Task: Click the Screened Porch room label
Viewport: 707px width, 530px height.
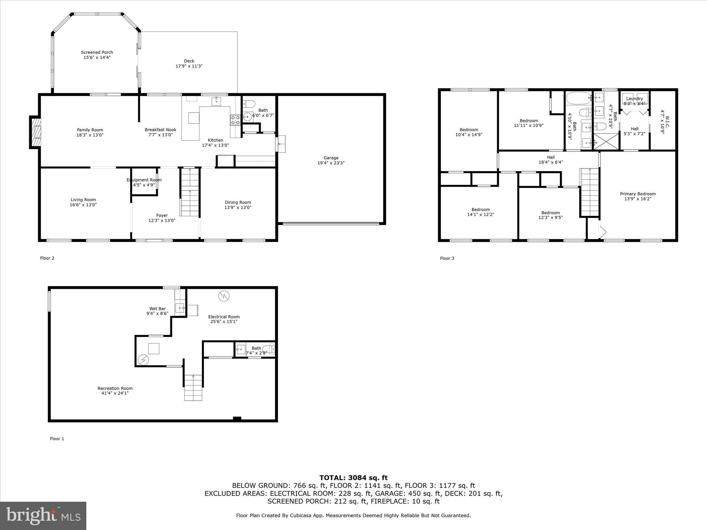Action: pyautogui.click(x=97, y=52)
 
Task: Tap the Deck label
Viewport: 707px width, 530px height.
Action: pyautogui.click(x=189, y=61)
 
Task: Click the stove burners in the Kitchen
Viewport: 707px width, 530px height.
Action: pyautogui.click(x=235, y=120)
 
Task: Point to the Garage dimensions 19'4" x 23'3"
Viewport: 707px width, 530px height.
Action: pyautogui.click(x=331, y=163)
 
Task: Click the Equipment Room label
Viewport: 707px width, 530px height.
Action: pyautogui.click(x=144, y=180)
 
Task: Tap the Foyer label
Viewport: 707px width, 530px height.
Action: pyautogui.click(x=162, y=215)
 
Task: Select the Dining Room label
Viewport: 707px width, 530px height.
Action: pyautogui.click(x=238, y=203)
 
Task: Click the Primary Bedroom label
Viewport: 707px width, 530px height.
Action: pyautogui.click(x=638, y=194)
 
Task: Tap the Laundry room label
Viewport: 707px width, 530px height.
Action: pyautogui.click(x=635, y=99)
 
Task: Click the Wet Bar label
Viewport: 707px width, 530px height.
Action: pyautogui.click(x=157, y=309)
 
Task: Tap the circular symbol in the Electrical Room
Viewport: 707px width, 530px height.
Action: pyautogui.click(x=224, y=296)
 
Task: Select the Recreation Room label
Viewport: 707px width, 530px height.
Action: pyautogui.click(x=115, y=388)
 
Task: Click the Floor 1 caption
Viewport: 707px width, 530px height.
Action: pyautogui.click(x=57, y=439)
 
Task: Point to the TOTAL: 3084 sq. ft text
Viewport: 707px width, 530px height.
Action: pyautogui.click(x=353, y=478)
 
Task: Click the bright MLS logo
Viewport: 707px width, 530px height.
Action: pyautogui.click(x=43, y=516)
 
